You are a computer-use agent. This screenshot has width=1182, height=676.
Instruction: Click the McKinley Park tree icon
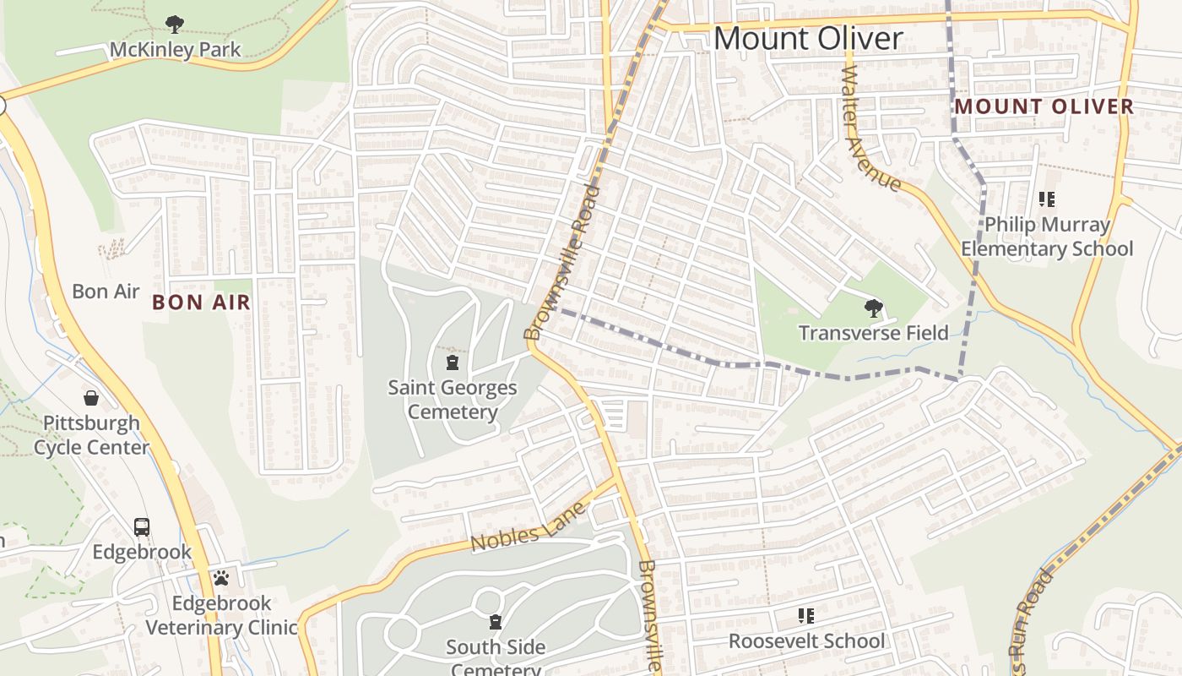pos(175,24)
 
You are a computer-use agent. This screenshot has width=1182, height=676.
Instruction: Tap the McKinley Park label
pos(175,50)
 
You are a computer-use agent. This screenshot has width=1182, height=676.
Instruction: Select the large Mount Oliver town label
pos(808,39)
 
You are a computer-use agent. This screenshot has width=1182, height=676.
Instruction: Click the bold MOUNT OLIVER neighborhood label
pos(1044,106)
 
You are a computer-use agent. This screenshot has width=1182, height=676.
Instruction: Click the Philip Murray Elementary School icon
pos(1047,200)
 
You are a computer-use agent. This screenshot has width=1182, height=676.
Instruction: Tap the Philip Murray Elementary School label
pos(1047,237)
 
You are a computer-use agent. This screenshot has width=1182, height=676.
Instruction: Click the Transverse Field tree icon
pos(873,308)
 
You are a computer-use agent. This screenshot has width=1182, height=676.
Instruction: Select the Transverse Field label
pos(873,333)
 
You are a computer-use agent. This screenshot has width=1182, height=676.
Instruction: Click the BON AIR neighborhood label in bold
pos(202,303)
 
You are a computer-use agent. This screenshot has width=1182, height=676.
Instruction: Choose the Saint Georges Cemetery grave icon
pos(453,363)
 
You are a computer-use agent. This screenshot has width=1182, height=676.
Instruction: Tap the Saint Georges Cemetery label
pos(453,400)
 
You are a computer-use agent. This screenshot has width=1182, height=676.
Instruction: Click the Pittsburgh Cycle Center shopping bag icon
pos(91,397)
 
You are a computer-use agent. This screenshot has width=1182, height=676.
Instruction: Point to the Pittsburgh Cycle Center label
pos(91,434)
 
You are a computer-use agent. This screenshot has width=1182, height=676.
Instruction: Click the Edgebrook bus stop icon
pos(142,527)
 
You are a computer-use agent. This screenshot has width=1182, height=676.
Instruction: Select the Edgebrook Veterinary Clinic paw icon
pos(221,578)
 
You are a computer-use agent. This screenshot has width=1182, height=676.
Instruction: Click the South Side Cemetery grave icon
pos(496,623)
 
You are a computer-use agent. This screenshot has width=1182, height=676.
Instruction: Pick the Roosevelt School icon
pos(806,616)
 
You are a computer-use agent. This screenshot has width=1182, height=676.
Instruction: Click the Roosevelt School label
pos(806,641)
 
